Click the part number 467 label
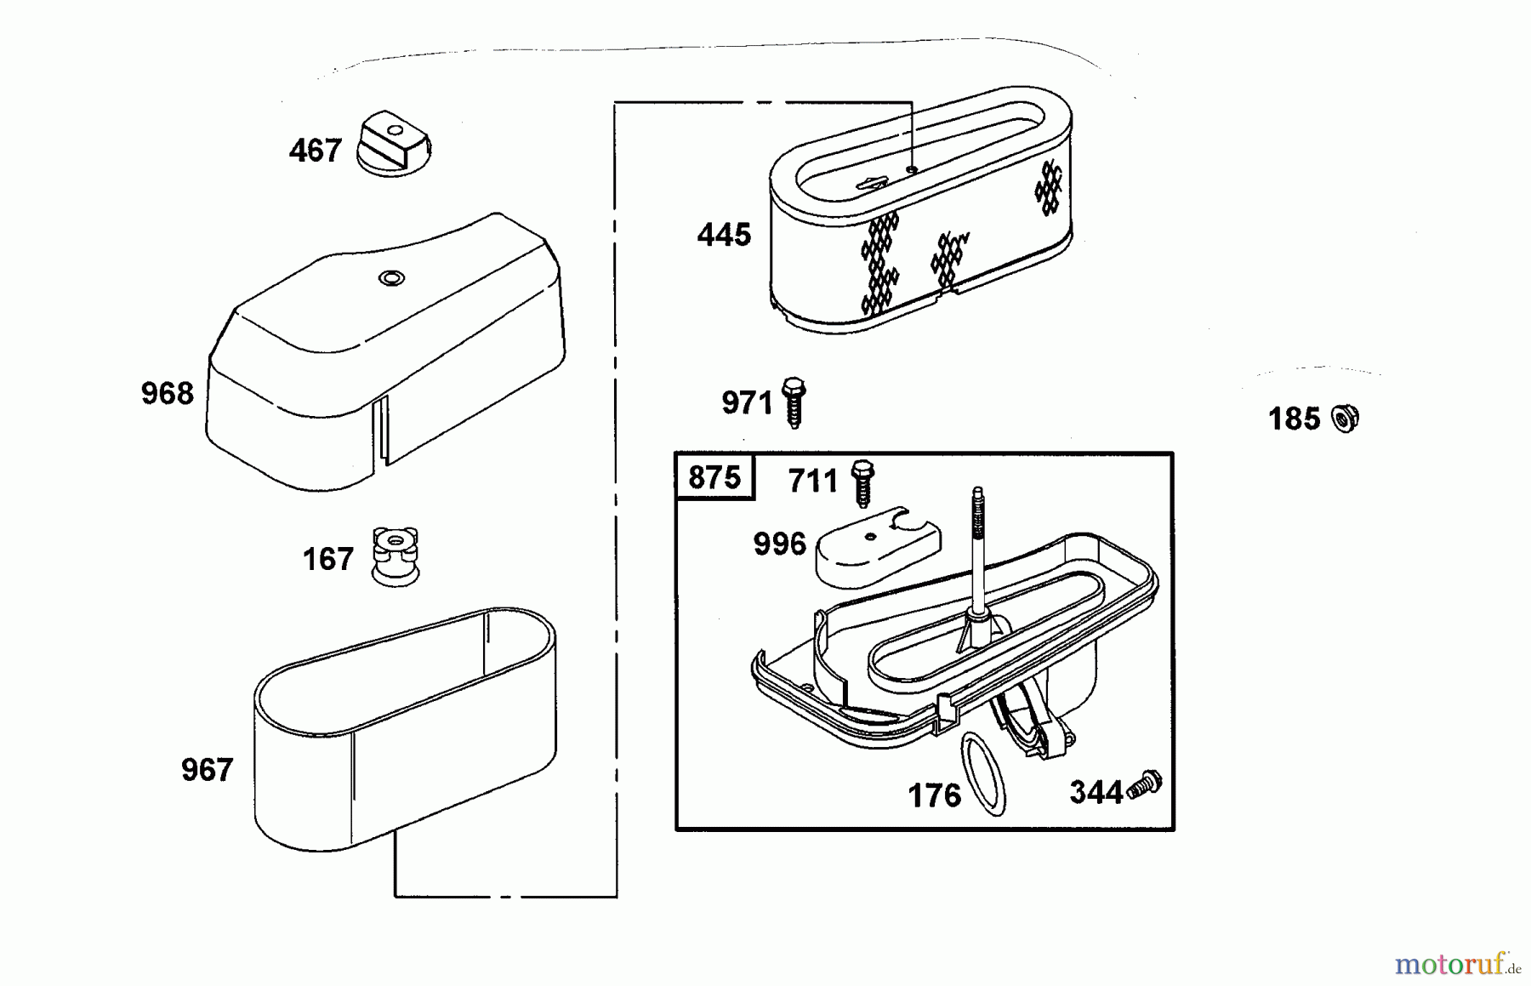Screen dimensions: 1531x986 315,151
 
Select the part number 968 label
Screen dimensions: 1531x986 168,393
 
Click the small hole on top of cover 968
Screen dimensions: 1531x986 391,277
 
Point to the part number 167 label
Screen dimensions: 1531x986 328,559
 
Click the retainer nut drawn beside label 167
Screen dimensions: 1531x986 396,556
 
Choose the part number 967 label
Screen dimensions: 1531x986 207,770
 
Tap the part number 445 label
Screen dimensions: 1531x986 724,235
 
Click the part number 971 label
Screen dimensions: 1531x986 747,402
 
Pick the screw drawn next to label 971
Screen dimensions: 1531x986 794,402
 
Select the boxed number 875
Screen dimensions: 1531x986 714,477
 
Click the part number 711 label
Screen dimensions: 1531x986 813,482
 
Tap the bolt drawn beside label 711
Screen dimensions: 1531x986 862,483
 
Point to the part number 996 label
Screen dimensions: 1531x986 780,544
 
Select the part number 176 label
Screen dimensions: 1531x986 934,796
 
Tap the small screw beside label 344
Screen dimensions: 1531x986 1144,785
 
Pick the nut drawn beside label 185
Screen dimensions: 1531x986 1346,419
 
